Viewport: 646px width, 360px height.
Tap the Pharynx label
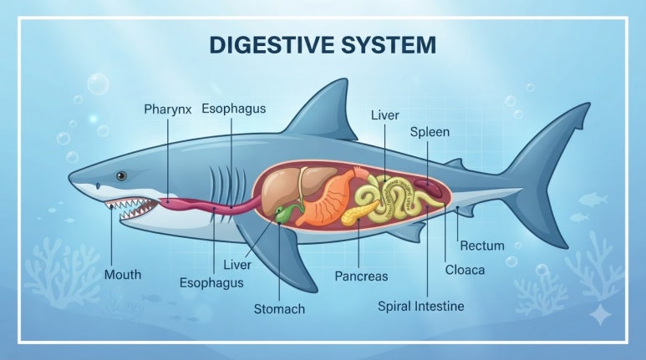pos(168,109)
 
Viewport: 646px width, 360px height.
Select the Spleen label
pos(430,132)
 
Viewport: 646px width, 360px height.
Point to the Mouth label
pos(122,274)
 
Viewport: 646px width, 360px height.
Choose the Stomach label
pos(279,309)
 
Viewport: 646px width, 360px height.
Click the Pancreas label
pos(361,276)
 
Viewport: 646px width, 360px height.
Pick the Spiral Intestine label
pos(421,307)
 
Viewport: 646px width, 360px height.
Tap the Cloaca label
pos(465,270)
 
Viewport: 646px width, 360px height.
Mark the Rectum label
pos(482,246)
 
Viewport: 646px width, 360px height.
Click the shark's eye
pos(121,176)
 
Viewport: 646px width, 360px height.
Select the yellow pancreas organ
pos(359,211)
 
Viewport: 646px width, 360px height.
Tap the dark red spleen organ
pos(428,188)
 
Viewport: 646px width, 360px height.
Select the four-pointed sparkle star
pos(600,314)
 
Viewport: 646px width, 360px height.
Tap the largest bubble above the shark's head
pos(98,84)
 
